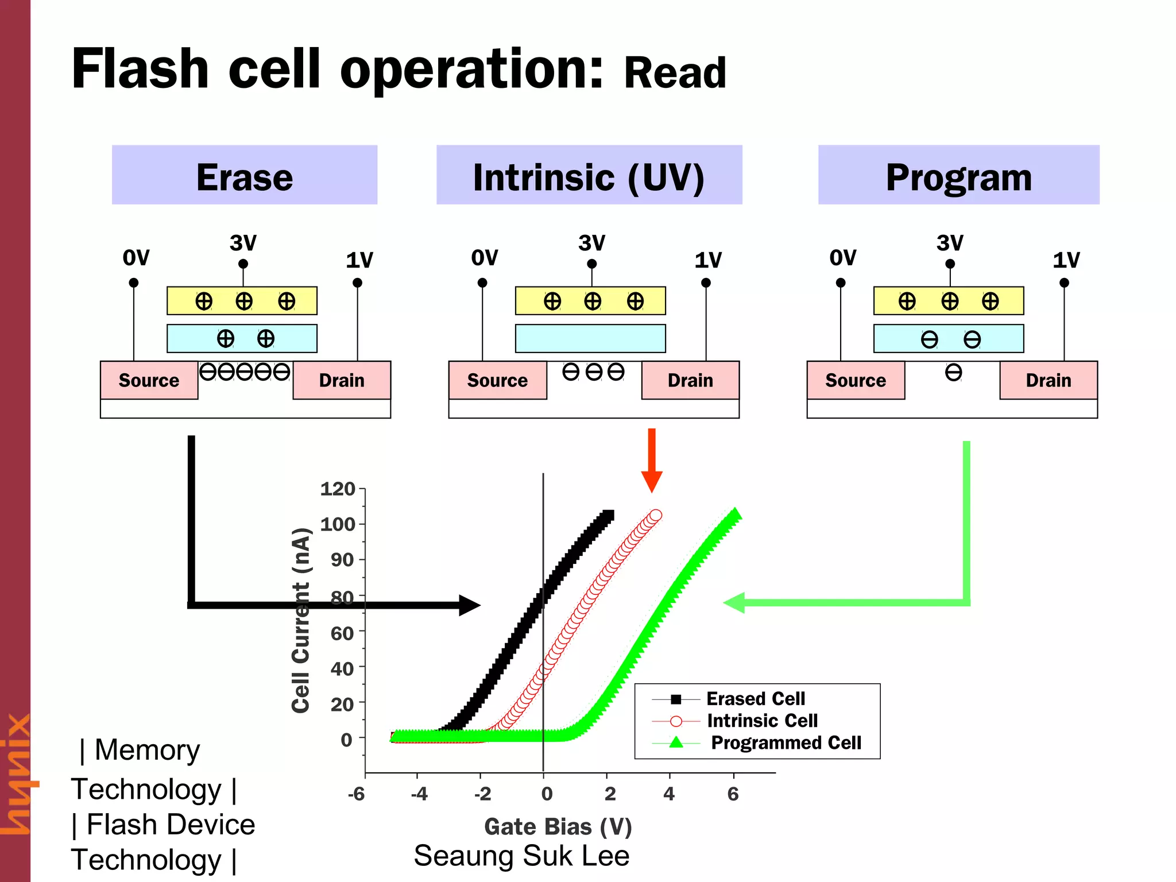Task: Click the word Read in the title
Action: pyautogui.click(x=675, y=73)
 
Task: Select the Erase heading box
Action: pyautogui.click(x=245, y=176)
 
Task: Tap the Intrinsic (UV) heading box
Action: pyautogui.click(x=589, y=176)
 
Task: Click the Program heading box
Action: pyautogui.click(x=958, y=176)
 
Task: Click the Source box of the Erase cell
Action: pyautogui.click(x=149, y=380)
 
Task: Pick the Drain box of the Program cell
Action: pyautogui.click(x=1048, y=380)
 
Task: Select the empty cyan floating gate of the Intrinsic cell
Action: pyautogui.click(x=590, y=339)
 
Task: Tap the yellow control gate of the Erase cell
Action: pyautogui.click(x=242, y=301)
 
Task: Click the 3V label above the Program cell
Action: pyautogui.click(x=950, y=243)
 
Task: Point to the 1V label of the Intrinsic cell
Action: pyautogui.click(x=707, y=260)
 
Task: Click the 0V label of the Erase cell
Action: pyautogui.click(x=136, y=258)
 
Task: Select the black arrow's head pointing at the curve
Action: pyautogui.click(x=470, y=605)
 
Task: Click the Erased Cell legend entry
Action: pyautogui.click(x=755, y=699)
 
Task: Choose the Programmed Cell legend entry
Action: pyautogui.click(x=785, y=743)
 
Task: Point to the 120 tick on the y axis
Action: pyautogui.click(x=338, y=489)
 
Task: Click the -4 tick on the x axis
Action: pyautogui.click(x=419, y=794)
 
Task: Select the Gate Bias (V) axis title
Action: pyautogui.click(x=558, y=827)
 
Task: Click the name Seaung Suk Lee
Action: pyautogui.click(x=521, y=856)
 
